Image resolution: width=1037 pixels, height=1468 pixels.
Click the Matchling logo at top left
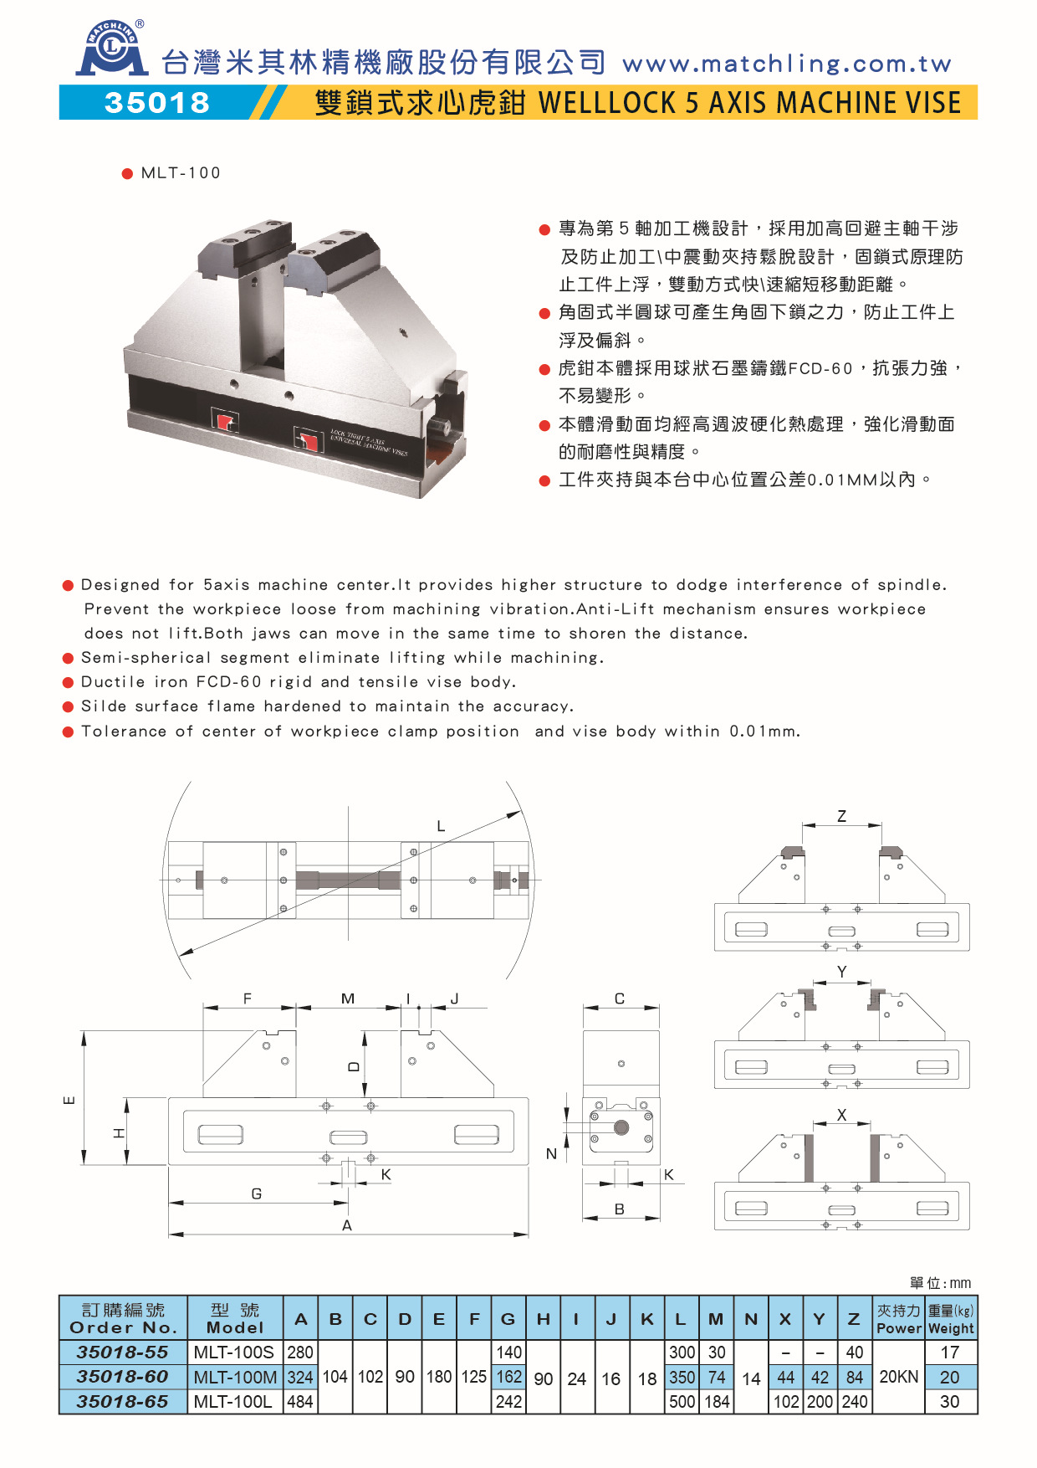(x=112, y=49)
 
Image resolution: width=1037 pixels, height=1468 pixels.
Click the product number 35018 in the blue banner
(x=157, y=103)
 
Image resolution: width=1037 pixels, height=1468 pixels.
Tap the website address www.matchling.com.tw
(x=787, y=64)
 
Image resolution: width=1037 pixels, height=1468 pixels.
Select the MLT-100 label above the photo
(x=180, y=173)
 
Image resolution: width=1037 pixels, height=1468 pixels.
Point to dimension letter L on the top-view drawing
(x=441, y=826)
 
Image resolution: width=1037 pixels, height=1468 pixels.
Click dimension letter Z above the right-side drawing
(x=841, y=816)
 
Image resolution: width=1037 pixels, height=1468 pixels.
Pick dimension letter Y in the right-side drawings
(x=841, y=972)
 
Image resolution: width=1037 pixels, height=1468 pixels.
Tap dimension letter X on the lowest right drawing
(x=841, y=1115)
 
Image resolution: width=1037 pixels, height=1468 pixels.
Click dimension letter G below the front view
(x=257, y=1193)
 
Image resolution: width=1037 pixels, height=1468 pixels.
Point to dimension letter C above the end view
(x=620, y=998)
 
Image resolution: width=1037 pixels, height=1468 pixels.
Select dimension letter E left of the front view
(x=69, y=1099)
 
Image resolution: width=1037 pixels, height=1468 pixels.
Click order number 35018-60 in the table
(x=122, y=1377)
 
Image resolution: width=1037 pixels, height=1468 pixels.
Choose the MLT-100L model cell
(x=232, y=1402)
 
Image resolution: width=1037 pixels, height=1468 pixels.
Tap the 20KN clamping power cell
(x=898, y=1377)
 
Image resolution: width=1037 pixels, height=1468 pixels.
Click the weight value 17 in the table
(x=950, y=1353)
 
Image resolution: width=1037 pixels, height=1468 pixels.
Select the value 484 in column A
(x=299, y=1402)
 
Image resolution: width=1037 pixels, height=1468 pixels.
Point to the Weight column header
(x=951, y=1328)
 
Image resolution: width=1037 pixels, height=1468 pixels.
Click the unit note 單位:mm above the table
(x=940, y=1283)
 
